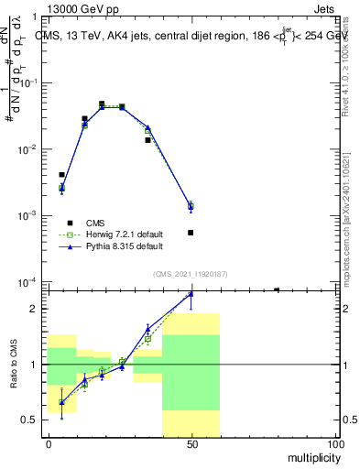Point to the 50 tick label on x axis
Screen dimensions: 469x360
click(191, 444)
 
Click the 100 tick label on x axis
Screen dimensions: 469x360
click(334, 444)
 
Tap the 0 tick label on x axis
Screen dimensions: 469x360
click(49, 444)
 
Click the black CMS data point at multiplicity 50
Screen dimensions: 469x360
click(191, 233)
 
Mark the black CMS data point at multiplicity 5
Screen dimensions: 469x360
click(62, 174)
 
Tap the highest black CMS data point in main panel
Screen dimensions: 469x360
click(102, 104)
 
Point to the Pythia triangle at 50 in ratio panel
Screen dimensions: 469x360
click(191, 293)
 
